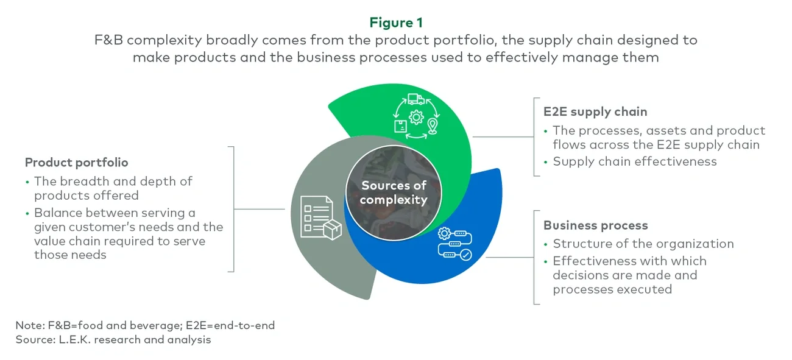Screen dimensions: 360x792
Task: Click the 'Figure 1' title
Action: tap(395, 23)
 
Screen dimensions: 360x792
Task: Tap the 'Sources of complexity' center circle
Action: tap(394, 192)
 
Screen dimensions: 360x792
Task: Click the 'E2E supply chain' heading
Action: tap(595, 111)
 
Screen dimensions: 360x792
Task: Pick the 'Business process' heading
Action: tap(595, 225)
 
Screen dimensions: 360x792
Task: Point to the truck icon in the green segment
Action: tap(416, 98)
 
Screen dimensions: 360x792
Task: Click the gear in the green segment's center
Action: tap(417, 118)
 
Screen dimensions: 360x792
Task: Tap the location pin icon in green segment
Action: tap(433, 127)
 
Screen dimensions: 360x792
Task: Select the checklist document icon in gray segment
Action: tap(314, 214)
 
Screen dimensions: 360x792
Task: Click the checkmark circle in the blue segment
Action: tap(466, 255)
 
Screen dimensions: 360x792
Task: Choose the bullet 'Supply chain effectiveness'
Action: tap(634, 161)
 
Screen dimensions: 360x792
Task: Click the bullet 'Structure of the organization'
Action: tap(643, 244)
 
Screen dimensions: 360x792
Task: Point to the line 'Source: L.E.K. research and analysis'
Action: tap(113, 340)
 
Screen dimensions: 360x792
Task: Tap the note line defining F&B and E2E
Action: tap(145, 325)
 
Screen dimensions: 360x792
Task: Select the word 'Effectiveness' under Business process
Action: tap(590, 261)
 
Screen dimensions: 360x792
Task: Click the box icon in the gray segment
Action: tap(333, 230)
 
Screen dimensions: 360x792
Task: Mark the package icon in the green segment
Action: tap(400, 126)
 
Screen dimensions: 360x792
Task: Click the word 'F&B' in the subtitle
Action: tap(109, 40)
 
